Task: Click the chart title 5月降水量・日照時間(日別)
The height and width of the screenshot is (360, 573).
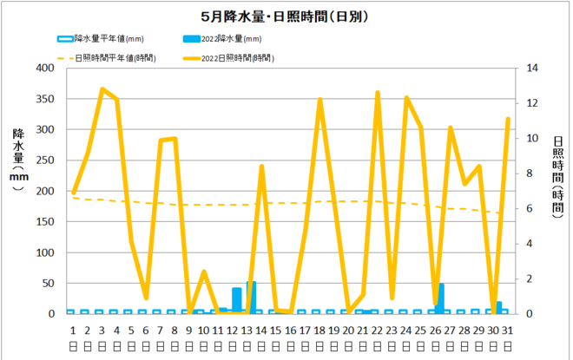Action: (286, 16)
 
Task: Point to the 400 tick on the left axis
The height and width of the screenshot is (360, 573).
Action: (43, 69)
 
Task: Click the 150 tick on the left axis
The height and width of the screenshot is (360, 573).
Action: (43, 222)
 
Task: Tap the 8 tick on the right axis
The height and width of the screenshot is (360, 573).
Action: (530, 173)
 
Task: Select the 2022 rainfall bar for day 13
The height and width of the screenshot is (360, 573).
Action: (251, 298)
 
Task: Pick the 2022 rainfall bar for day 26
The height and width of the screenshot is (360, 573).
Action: (441, 298)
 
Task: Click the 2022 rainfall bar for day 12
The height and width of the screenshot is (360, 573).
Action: (237, 300)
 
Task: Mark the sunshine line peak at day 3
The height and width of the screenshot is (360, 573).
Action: (102, 89)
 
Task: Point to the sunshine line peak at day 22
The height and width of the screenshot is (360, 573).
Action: (378, 93)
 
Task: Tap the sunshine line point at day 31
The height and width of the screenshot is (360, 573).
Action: (508, 119)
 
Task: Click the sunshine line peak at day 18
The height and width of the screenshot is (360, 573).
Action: (319, 100)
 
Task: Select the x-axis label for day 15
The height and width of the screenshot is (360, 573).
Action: (276, 330)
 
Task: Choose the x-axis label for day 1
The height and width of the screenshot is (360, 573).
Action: (74, 330)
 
